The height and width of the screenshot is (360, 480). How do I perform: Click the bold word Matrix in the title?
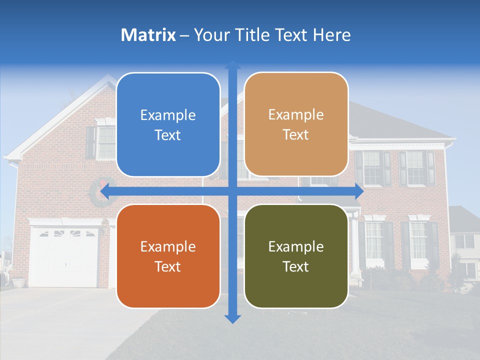(148, 35)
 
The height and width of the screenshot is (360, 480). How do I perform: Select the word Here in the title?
(331, 35)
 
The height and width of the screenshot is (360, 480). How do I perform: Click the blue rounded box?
(168, 124)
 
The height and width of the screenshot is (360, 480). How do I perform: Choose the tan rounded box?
(296, 124)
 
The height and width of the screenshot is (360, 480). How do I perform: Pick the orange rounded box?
(168, 256)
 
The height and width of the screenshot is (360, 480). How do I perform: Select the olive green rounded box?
(296, 256)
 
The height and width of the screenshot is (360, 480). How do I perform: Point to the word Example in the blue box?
(168, 115)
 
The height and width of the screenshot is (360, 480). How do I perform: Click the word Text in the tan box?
(296, 135)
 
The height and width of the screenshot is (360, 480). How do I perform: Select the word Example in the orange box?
(168, 246)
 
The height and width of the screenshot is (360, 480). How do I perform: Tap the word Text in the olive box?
(296, 266)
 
